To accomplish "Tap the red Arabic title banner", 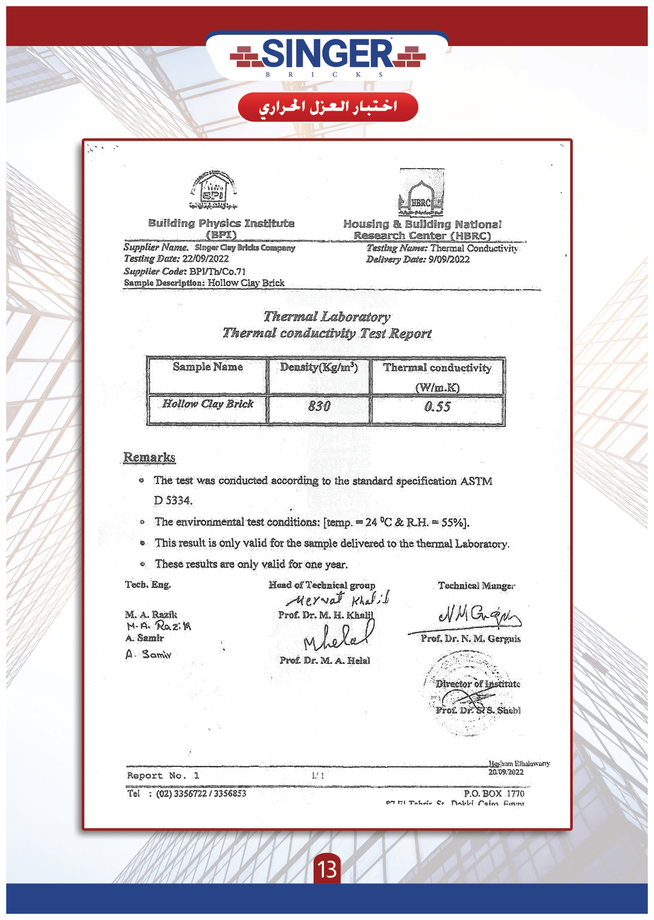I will (328, 107).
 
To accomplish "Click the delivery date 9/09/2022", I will (449, 260).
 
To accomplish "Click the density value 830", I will (319, 406).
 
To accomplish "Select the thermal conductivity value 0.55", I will (437, 407).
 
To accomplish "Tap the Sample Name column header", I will (207, 367).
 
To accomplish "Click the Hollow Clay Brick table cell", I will (207, 404).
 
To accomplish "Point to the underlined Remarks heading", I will (149, 458).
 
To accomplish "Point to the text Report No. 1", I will (163, 776).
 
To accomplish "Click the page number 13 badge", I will (328, 869).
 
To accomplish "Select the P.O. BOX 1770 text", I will (494, 793).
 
